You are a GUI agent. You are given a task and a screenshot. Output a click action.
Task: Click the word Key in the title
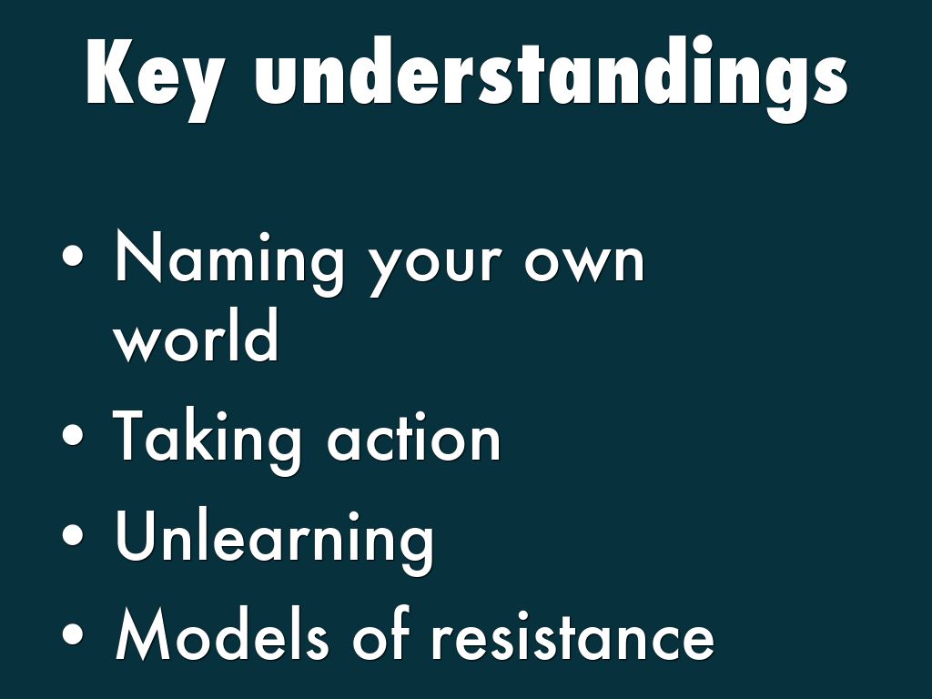coord(156,80)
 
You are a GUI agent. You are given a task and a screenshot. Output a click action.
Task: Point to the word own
coord(584,261)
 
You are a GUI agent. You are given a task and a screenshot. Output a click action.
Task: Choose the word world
coord(197,335)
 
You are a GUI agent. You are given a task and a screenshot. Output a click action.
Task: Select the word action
coord(414,437)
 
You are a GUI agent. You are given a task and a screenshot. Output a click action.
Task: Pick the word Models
coord(222,633)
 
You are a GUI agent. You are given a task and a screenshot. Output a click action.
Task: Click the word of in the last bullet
coord(381,633)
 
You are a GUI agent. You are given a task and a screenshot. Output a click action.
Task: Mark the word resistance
coord(572,634)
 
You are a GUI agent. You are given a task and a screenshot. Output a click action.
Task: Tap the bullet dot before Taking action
coord(73,435)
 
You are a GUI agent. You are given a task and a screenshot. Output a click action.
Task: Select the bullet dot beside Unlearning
coord(73,534)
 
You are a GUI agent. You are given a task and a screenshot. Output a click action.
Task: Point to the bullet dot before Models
coord(73,633)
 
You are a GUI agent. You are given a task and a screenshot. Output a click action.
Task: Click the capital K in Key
coord(110,72)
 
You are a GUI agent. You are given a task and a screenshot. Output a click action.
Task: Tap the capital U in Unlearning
coord(137,535)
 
